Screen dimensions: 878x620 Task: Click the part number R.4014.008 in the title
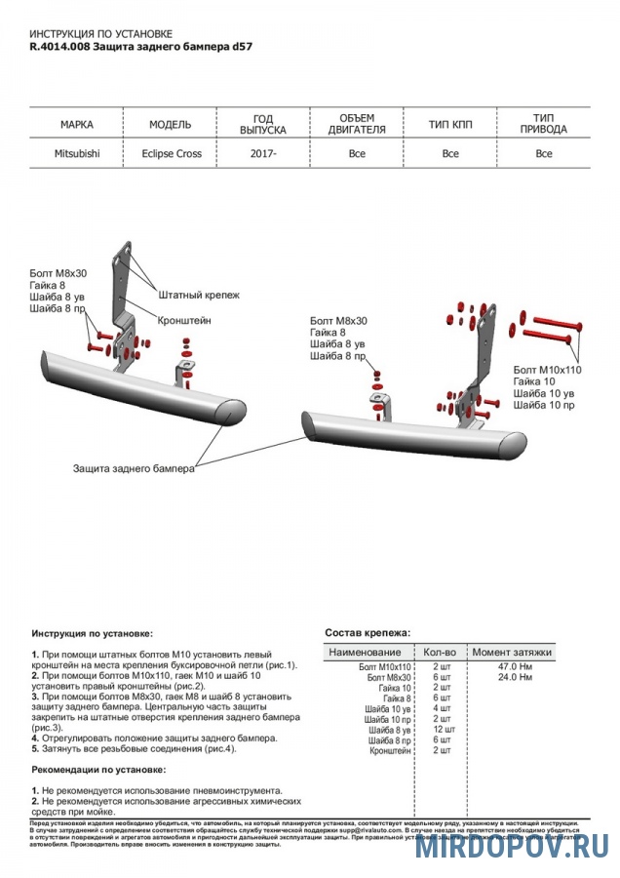pyautogui.click(x=58, y=46)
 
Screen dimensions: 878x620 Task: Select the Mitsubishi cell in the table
pyautogui.click(x=76, y=153)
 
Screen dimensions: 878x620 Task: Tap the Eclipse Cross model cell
pyautogui.click(x=172, y=153)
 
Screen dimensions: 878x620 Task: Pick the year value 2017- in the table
pyautogui.click(x=263, y=153)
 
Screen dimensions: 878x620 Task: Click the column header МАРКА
pyautogui.click(x=76, y=125)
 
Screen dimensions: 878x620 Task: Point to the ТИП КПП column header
pyautogui.click(x=449, y=125)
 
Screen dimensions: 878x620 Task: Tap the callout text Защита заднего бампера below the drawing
pyautogui.click(x=134, y=468)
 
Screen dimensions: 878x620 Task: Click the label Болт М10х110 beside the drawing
pyautogui.click(x=546, y=370)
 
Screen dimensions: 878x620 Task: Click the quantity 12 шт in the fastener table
pyautogui.click(x=443, y=730)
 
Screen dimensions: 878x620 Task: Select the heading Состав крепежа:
pyautogui.click(x=368, y=633)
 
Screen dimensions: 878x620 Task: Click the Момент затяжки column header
pyautogui.click(x=512, y=652)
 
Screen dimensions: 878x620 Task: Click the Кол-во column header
pyautogui.click(x=440, y=652)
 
